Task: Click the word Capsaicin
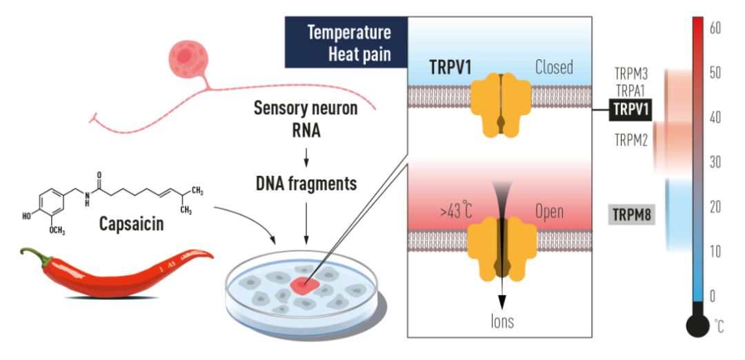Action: pos(131,224)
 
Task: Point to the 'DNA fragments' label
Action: pos(305,184)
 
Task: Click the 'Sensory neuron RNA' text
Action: pos(306,119)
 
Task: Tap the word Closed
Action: pos(554,68)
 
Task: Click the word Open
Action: pos(549,210)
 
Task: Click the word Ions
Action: pos(502,321)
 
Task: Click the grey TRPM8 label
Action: pos(631,214)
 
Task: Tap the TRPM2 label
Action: pos(631,140)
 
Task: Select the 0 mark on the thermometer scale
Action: pos(713,296)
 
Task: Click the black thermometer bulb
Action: pos(697,326)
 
